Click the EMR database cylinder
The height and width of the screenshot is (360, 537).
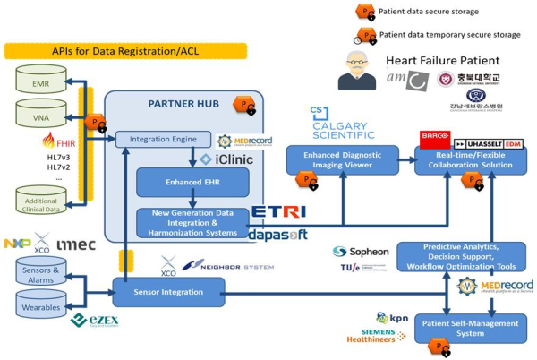(41, 84)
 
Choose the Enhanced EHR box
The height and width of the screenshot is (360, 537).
(180, 182)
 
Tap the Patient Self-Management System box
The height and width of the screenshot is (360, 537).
(470, 328)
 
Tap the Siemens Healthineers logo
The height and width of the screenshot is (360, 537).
(373, 338)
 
